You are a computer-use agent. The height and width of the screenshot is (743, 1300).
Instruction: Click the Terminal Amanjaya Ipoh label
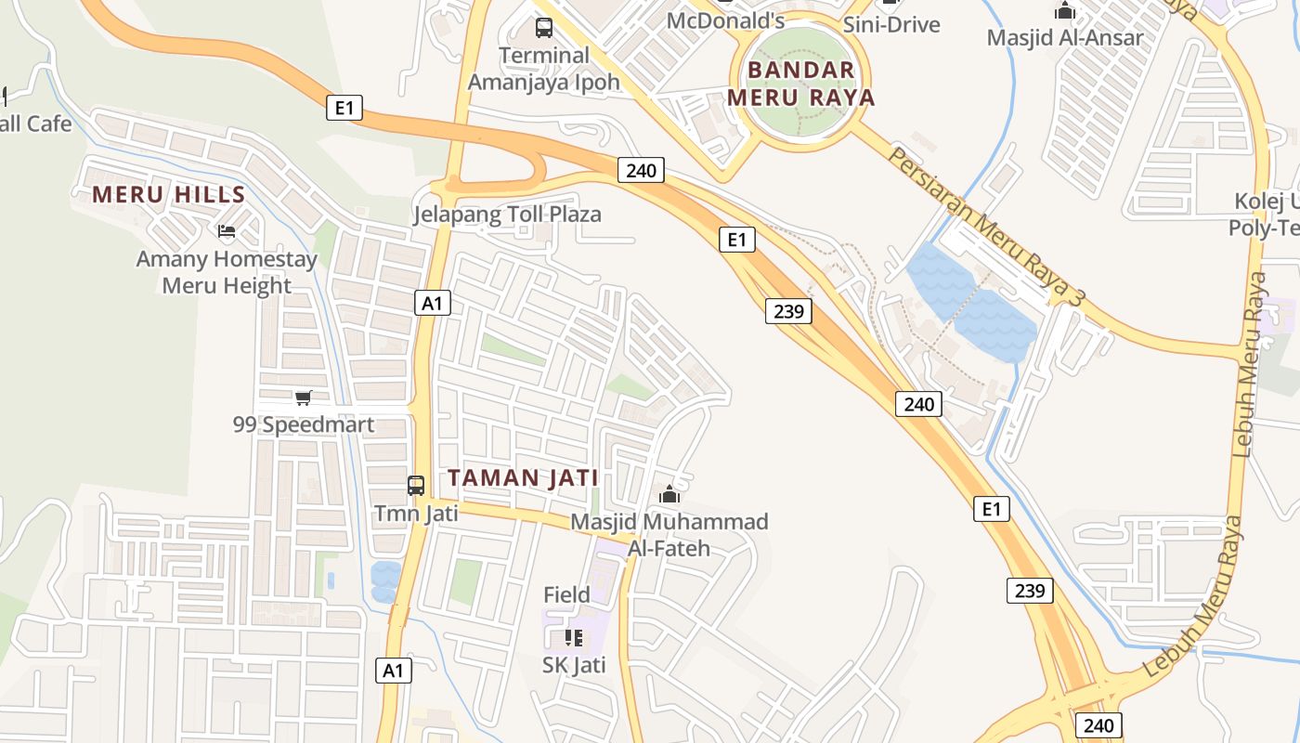click(543, 69)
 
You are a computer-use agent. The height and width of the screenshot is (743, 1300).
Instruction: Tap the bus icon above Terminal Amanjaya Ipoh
click(544, 28)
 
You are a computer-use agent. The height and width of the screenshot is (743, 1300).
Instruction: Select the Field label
click(566, 594)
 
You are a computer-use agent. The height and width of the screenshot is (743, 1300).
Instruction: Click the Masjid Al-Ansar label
click(1064, 38)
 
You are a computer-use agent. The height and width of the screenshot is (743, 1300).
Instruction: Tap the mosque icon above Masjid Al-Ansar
click(1064, 11)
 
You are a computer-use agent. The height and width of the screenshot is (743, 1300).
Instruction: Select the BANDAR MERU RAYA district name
click(800, 84)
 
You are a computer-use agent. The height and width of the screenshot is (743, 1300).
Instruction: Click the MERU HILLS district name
click(168, 195)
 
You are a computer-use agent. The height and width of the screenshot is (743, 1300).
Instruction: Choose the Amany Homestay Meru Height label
click(227, 272)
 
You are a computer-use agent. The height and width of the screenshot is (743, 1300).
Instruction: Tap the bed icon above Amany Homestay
click(227, 231)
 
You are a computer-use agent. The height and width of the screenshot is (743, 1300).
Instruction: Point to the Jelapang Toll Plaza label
click(507, 215)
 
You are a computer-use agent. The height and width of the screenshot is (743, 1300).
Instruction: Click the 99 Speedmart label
click(303, 425)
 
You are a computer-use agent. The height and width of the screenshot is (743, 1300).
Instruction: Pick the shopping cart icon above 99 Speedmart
click(303, 398)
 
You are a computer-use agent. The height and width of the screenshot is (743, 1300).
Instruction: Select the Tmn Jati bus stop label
click(416, 514)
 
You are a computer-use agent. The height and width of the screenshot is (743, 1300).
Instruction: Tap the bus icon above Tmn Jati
click(416, 485)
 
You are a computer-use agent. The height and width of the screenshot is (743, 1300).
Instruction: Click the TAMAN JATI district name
click(523, 478)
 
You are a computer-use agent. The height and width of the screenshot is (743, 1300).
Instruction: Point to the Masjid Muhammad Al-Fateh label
click(669, 535)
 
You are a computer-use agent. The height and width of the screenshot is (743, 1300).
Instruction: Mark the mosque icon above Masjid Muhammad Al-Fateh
click(669, 494)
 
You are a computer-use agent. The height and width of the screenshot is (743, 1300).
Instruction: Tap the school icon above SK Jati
click(574, 637)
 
